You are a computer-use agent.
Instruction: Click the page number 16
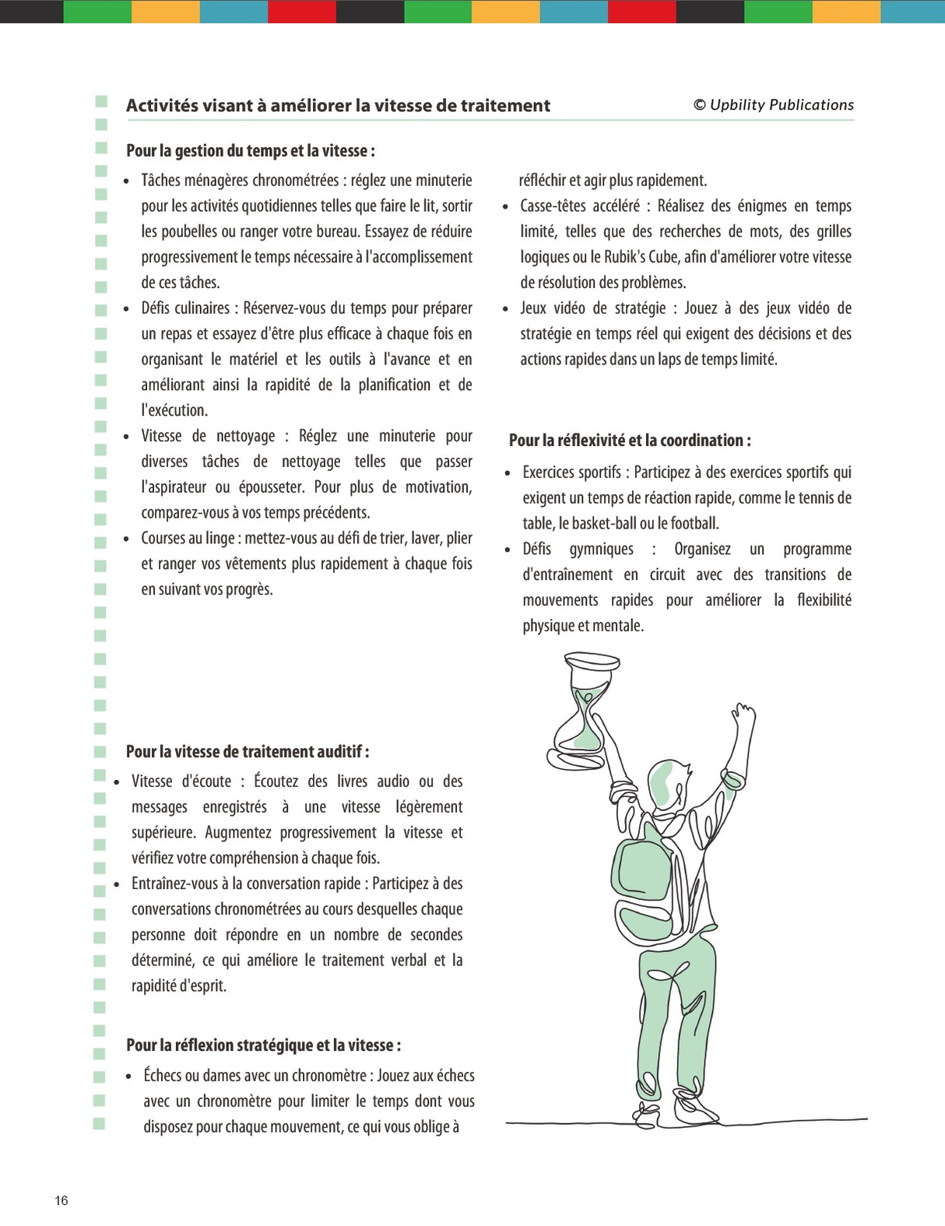coord(61,1200)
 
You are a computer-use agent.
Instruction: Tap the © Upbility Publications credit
coord(774,105)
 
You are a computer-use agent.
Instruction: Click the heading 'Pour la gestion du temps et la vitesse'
coord(250,151)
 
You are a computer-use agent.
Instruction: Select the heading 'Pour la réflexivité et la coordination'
coord(629,441)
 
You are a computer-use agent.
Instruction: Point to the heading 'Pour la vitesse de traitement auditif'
coord(247,752)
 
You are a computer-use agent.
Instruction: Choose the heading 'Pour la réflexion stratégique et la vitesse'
coord(263,1045)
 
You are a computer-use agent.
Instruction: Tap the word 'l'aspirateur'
coord(174,487)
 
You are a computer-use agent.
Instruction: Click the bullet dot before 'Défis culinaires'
coord(127,310)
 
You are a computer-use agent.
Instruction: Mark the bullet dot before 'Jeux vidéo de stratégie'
coord(506,310)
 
